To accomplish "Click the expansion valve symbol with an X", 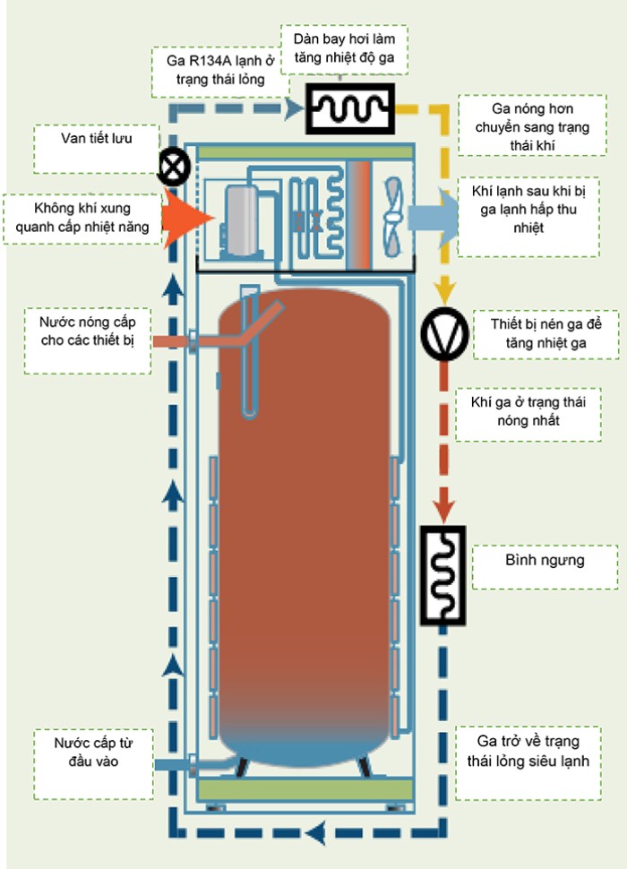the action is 174,167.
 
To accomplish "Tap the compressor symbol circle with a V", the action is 444,334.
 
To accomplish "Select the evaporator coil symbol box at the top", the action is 350,108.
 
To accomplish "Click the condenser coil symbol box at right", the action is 442,575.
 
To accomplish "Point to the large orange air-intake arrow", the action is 187,217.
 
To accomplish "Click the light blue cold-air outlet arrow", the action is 434,218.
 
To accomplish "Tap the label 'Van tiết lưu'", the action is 97,138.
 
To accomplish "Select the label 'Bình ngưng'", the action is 545,560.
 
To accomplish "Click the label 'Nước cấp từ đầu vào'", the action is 93,752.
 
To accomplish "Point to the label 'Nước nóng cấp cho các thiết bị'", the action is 88,331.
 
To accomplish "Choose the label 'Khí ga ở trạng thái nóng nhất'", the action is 528,410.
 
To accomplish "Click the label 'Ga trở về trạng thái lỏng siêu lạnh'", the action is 528,751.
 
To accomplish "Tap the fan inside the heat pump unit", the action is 392,217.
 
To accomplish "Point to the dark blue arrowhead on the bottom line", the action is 315,832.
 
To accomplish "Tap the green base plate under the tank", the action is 305,789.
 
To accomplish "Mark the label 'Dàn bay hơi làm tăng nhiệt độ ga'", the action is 344,48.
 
